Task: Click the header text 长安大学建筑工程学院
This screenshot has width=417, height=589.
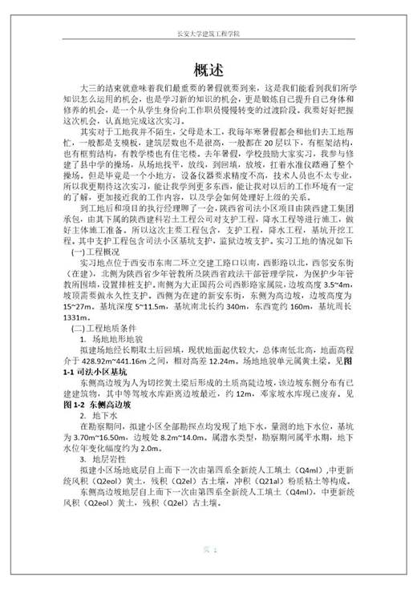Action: (x=208, y=34)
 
